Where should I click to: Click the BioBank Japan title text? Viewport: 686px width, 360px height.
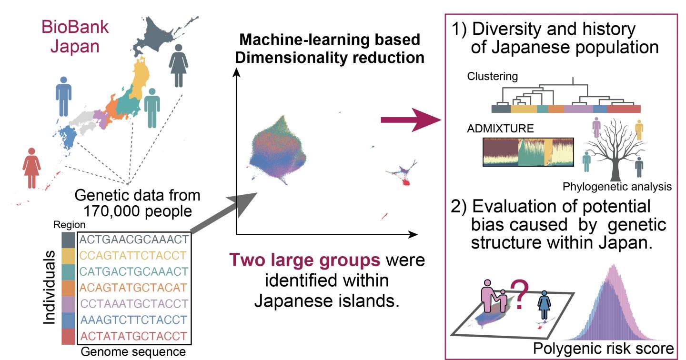75,38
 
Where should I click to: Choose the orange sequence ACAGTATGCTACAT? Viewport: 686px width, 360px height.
134,287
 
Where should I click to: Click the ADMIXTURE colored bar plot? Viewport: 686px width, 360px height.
528,152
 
